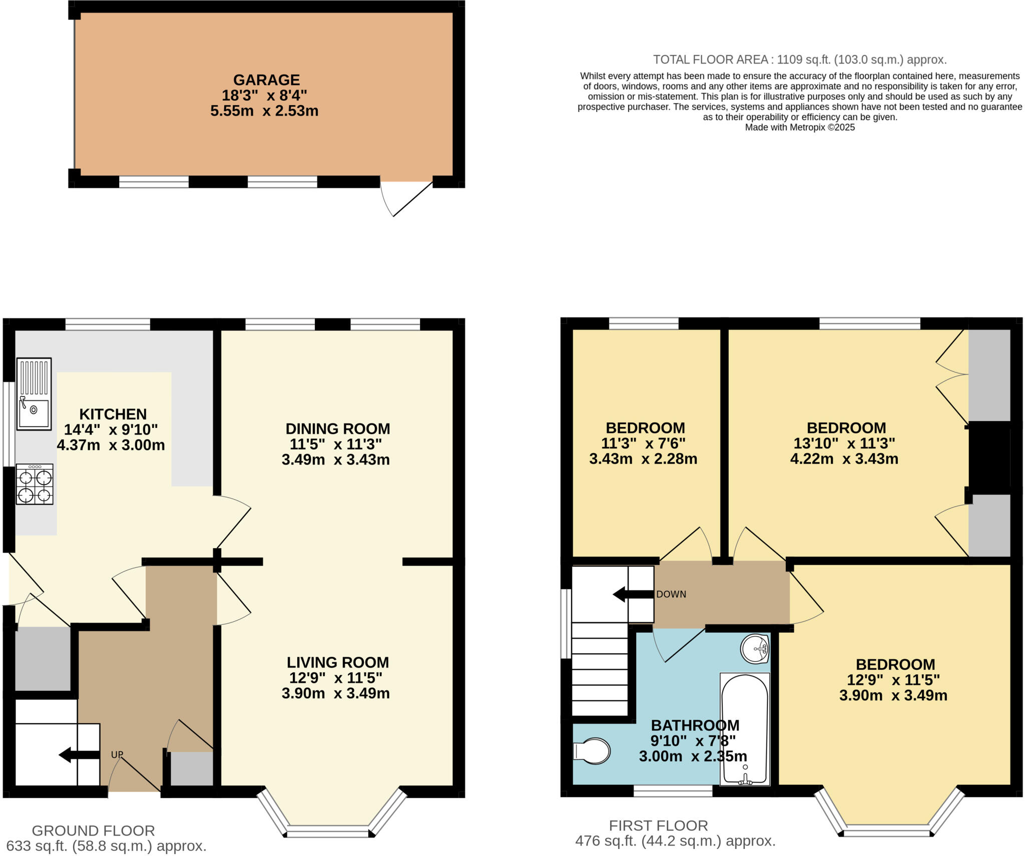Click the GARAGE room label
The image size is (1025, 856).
pos(266,80)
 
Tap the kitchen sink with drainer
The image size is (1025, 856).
pos(34,394)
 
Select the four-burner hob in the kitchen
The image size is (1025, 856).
pos(35,484)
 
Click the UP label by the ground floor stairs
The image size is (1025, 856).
pos(117,754)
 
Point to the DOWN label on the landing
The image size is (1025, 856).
pos(671,594)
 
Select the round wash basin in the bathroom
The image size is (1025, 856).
pos(755,649)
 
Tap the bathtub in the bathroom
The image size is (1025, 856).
pos(745,728)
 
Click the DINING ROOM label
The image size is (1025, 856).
pos(337,429)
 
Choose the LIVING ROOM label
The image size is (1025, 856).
pos(337,662)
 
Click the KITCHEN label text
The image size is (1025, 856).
pos(113,414)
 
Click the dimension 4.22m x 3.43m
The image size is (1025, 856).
pos(844,459)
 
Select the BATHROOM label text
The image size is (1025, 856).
pos(695,725)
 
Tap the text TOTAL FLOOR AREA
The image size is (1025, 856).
pos(711,60)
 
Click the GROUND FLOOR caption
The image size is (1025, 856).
pos(93,831)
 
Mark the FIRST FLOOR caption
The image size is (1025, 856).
pos(658,825)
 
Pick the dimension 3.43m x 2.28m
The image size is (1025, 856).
pos(643,459)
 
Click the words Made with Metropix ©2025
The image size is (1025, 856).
pos(800,128)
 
